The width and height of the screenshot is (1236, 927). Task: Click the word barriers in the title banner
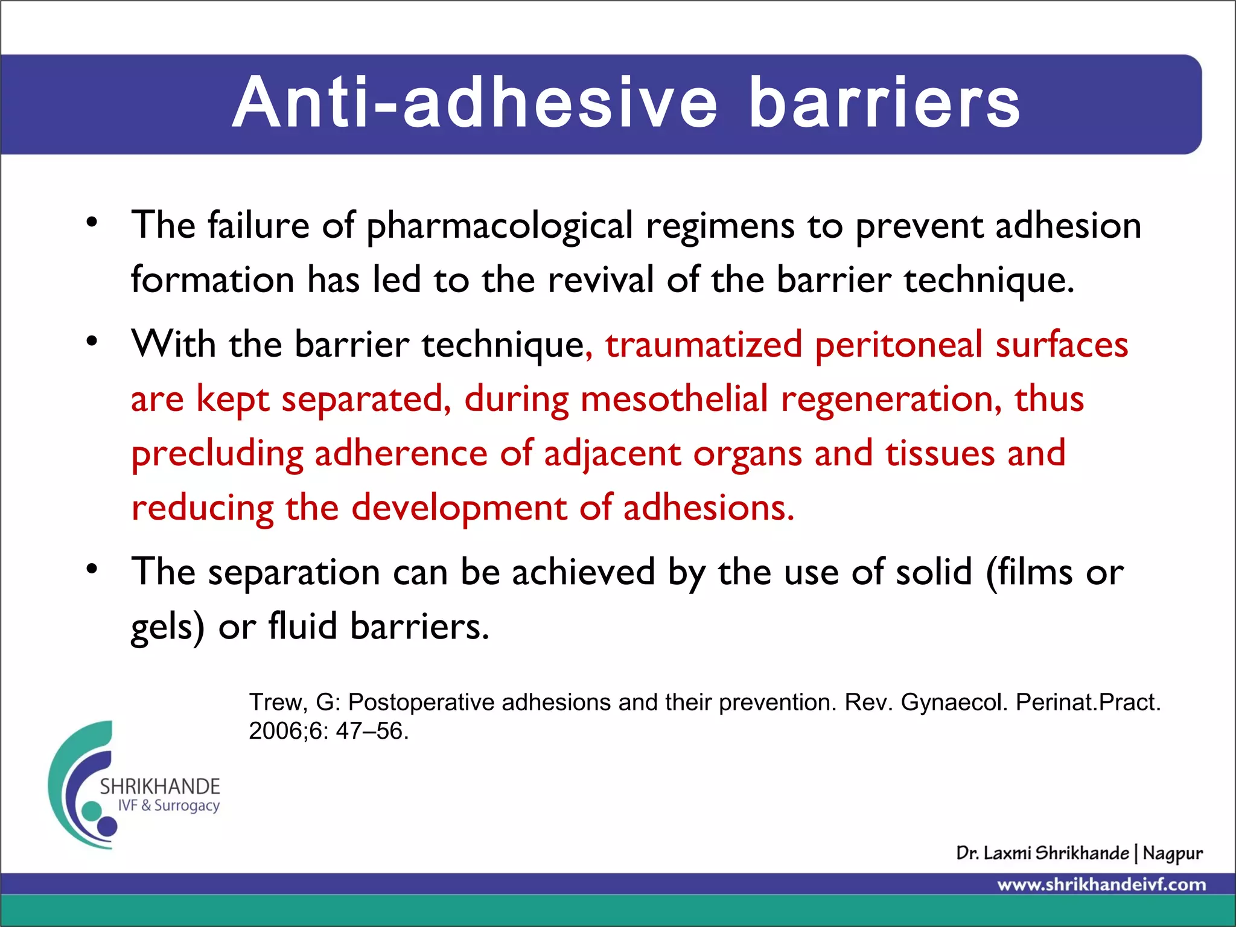(884, 103)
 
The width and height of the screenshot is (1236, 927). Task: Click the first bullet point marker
(92, 222)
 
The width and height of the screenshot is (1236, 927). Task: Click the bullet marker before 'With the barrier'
(92, 341)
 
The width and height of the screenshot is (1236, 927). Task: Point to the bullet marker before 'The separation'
(92, 569)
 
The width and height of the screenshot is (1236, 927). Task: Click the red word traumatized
(704, 345)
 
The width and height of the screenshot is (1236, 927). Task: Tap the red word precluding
(217, 454)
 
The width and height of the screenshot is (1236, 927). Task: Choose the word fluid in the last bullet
(302, 626)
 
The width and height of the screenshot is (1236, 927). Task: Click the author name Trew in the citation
(275, 702)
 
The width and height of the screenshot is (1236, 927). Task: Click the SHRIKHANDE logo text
(160, 786)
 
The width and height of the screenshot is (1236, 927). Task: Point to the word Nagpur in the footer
(1173, 854)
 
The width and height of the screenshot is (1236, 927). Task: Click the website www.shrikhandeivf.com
(1101, 885)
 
